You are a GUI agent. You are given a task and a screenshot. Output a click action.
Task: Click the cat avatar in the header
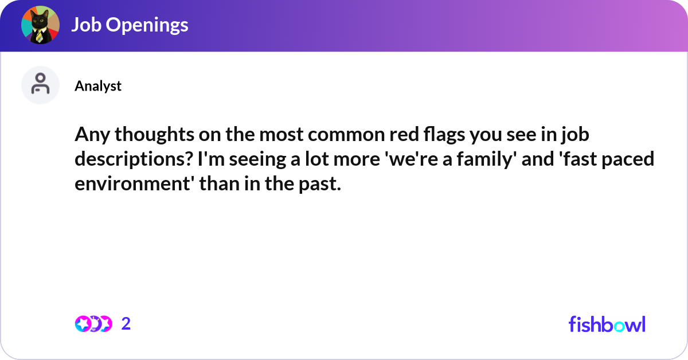pos(40,25)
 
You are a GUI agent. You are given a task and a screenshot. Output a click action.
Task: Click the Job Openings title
pos(130,25)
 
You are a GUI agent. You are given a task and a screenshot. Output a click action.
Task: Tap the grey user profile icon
pos(40,85)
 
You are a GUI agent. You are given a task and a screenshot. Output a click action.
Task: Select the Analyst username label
pos(98,86)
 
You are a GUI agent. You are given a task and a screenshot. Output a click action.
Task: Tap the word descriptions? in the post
pos(133,159)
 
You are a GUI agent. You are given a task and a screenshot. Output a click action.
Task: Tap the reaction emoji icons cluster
pos(93,324)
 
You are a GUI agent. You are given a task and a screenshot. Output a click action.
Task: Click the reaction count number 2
pos(126,324)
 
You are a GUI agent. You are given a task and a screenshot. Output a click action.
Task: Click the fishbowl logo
pos(607,324)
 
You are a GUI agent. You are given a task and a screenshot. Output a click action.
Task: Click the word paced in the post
pos(631,159)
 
